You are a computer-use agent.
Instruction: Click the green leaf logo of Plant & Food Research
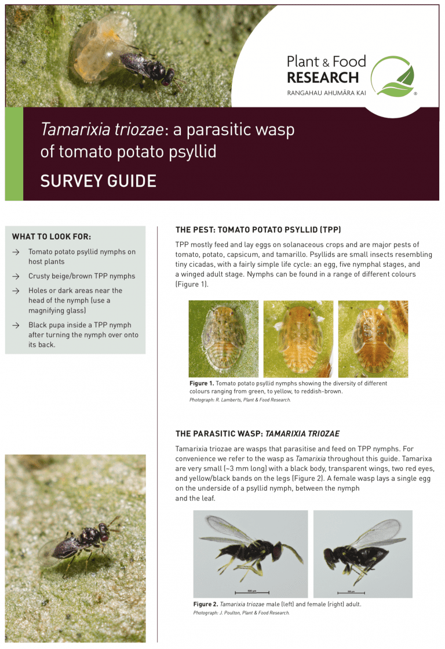click(393, 77)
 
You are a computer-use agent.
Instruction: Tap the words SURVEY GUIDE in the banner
click(98, 182)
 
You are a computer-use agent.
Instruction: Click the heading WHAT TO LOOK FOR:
click(52, 237)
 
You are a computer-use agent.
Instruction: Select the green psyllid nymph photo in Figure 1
click(223, 339)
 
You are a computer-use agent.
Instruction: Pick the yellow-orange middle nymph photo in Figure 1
click(298, 339)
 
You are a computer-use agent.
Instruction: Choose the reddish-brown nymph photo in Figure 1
click(373, 339)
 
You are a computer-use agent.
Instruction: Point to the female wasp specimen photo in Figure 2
click(362, 553)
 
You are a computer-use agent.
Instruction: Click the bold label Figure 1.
click(202, 383)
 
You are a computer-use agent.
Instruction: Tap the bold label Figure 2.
click(205, 604)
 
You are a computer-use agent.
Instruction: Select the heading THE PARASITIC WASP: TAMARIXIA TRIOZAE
click(257, 433)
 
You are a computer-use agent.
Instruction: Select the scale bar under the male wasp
click(252, 592)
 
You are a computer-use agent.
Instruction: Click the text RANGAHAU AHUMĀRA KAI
click(326, 93)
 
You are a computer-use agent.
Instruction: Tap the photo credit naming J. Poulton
click(241, 612)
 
